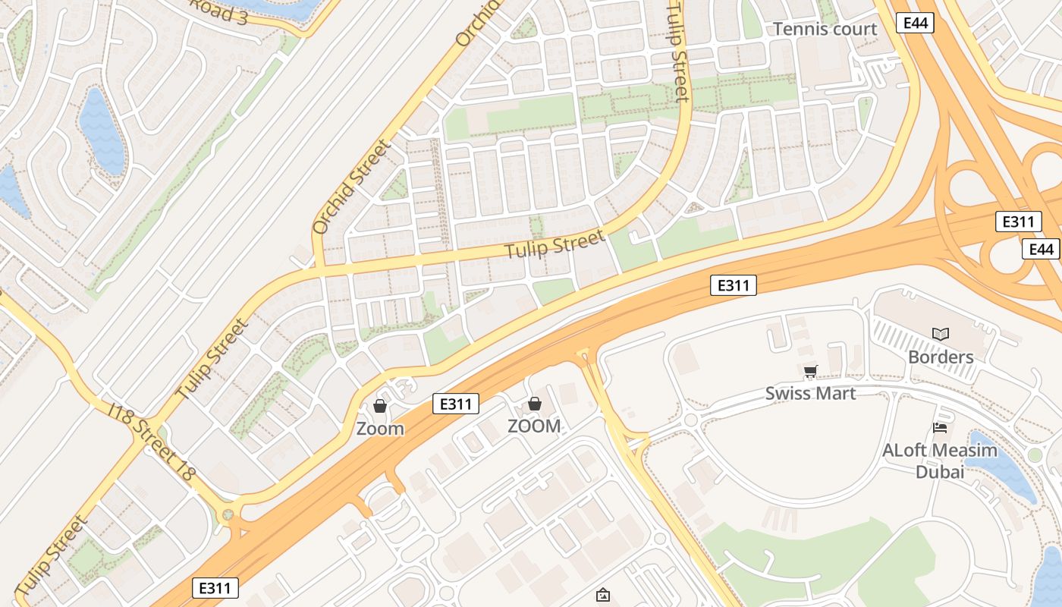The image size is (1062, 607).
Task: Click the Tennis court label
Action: click(x=825, y=29)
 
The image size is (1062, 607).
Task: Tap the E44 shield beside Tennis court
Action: click(x=916, y=24)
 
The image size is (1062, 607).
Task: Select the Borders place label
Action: click(x=941, y=357)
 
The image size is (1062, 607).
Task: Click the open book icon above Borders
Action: click(x=941, y=334)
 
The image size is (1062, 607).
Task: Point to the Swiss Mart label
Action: click(x=810, y=393)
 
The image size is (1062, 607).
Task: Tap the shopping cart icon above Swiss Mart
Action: click(x=810, y=371)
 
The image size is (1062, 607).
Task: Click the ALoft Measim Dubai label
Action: click(x=940, y=461)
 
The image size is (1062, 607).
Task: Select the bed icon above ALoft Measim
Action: click(x=940, y=428)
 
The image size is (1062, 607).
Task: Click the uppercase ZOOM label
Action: click(x=534, y=426)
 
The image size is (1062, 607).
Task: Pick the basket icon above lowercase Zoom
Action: click(x=380, y=407)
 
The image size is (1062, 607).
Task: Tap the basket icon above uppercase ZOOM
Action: click(x=535, y=404)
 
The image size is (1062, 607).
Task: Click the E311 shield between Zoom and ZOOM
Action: click(x=456, y=404)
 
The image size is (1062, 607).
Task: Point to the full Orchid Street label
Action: click(x=350, y=186)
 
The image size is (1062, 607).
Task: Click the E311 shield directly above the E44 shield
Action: click(x=1018, y=222)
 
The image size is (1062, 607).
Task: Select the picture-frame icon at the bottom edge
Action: click(x=603, y=595)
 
